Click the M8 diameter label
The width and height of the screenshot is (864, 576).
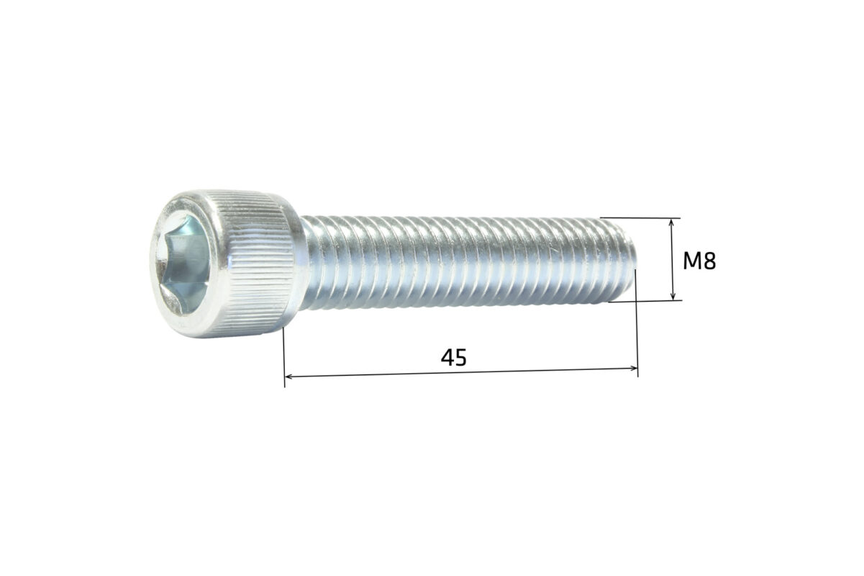(699, 261)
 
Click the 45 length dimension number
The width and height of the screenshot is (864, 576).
(454, 357)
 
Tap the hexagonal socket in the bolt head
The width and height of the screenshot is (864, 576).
(183, 264)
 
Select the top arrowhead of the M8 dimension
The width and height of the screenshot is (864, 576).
(673, 222)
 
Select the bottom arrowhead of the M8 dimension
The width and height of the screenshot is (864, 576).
(673, 296)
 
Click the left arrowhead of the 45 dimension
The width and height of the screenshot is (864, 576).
(289, 376)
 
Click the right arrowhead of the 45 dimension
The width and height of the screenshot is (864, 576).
(632, 369)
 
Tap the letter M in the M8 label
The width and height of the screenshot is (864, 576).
(693, 261)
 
